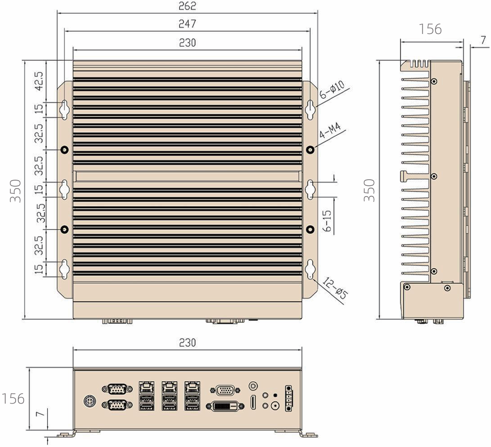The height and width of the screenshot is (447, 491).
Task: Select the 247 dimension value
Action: (188, 23)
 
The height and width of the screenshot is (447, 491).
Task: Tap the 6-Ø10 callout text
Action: (332, 90)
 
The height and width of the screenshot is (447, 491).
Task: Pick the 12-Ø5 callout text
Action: (335, 289)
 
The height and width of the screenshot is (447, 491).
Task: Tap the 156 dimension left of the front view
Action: (13, 398)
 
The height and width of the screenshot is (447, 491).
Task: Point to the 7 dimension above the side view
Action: (483, 41)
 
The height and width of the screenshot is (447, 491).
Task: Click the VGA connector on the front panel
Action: (227, 390)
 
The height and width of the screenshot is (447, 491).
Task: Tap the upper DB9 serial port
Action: (115, 389)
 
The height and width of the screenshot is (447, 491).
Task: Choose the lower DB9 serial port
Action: (115, 405)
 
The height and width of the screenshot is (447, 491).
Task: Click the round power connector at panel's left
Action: (89, 401)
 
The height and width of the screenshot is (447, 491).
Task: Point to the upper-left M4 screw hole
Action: (65, 149)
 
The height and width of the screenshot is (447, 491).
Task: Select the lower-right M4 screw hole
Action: (310, 229)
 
